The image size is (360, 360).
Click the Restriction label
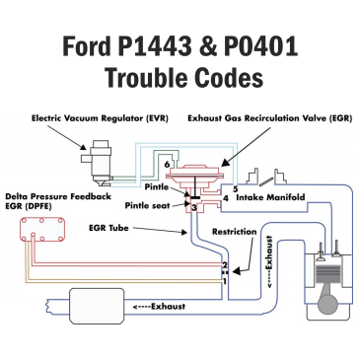tap(235, 233)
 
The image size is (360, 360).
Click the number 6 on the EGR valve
tap(169, 164)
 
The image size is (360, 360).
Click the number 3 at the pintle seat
tap(193, 207)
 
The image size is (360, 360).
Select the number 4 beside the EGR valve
tap(226, 198)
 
